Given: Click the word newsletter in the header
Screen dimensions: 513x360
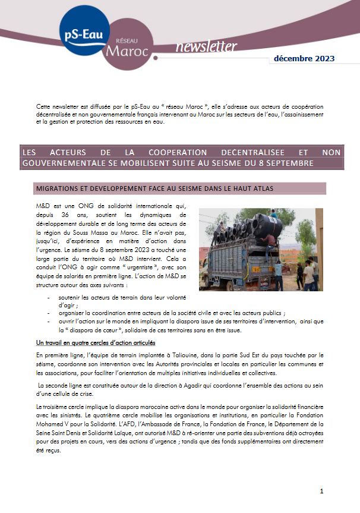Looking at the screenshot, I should click(x=206, y=47).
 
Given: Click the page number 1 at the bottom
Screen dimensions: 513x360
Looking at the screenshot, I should click(x=321, y=491).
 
